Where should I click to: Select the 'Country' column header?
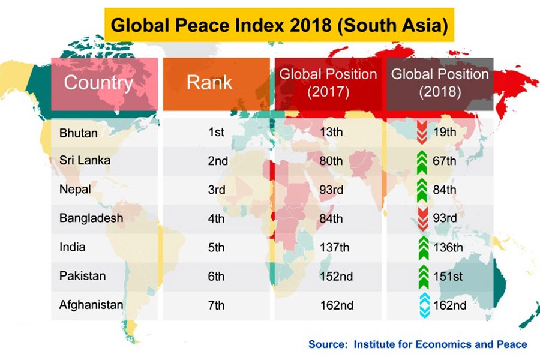[98, 83]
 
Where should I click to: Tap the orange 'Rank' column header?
[209, 83]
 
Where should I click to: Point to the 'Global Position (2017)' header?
[328, 83]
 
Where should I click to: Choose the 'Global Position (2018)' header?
[440, 83]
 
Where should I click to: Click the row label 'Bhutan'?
[79, 133]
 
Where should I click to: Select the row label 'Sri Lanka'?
[85, 161]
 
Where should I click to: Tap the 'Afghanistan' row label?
[91, 305]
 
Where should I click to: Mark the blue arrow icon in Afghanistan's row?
[423, 305]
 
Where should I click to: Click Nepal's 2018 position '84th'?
[444, 190]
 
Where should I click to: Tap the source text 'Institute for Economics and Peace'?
[440, 344]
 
